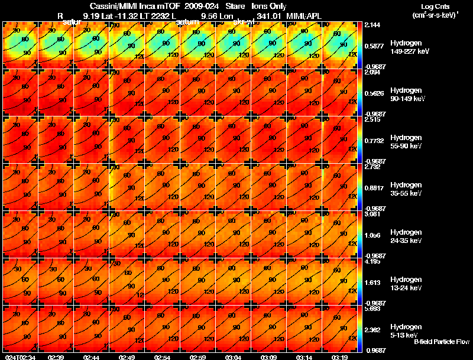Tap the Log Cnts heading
tap(433, 6)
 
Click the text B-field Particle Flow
tap(441, 342)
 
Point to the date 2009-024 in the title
tap(196, 6)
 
